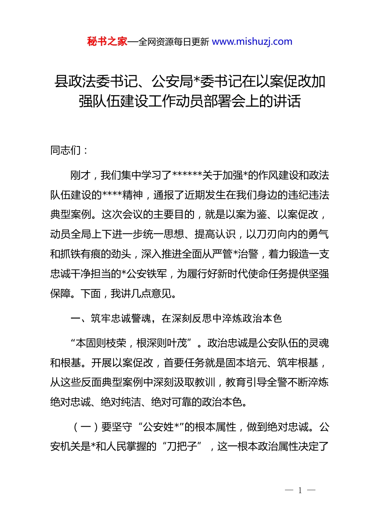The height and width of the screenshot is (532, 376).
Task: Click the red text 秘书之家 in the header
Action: pos(107,42)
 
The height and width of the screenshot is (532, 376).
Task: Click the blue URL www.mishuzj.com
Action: pos(252,42)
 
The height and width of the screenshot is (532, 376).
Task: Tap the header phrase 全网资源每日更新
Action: pos(174,42)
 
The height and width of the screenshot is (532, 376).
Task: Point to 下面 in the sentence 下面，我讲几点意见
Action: pos(91,293)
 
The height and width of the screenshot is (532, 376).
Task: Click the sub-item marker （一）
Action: pos(86,427)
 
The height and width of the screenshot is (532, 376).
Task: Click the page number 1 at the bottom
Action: pos(300,490)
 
